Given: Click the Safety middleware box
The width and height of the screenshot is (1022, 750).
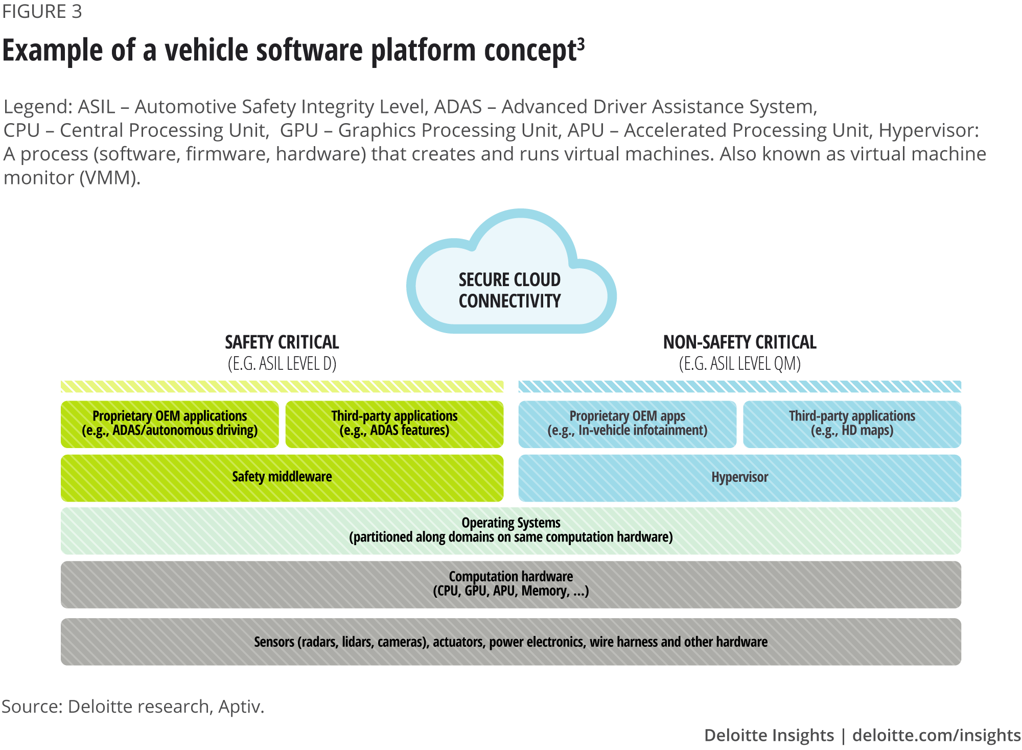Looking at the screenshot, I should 282,477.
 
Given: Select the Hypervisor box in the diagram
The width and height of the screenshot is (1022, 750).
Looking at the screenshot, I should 739,477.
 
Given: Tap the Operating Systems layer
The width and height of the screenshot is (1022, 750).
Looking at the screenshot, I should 511,530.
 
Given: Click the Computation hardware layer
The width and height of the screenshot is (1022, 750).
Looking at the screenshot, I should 511,584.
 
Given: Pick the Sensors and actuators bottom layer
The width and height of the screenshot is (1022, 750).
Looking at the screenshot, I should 511,642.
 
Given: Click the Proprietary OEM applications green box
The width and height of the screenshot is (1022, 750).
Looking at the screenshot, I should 170,424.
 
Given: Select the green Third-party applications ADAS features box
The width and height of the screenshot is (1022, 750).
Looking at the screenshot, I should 394,424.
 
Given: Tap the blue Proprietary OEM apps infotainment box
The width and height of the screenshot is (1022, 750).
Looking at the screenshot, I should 627,424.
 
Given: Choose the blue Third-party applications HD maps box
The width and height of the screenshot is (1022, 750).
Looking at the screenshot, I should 852,424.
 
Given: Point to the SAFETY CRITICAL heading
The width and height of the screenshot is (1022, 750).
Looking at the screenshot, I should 282,342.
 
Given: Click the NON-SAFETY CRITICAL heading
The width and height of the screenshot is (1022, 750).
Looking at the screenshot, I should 739,342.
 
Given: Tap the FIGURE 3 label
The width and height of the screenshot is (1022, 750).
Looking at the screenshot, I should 42,12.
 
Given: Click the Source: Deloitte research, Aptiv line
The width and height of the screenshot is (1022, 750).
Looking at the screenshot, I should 133,707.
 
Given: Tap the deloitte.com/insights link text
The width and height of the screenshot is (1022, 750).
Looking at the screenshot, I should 937,735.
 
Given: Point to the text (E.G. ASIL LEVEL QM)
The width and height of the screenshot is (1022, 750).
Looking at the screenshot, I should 739,364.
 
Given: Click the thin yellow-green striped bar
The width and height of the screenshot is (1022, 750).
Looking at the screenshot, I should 282,387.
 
